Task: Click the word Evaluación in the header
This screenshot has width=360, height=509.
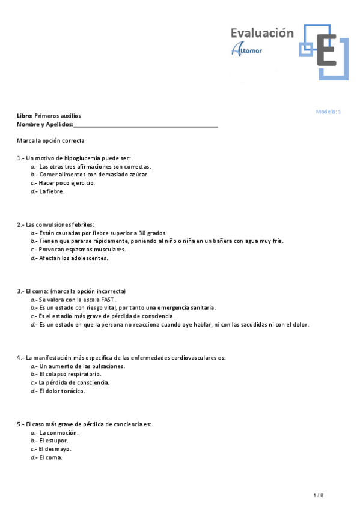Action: pos(262,33)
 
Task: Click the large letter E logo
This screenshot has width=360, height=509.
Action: pos(326,50)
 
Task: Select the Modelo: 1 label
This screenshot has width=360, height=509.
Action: pos(328,112)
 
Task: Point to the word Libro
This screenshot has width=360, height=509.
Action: pos(24,115)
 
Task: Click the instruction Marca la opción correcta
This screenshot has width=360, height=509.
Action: pos(50,140)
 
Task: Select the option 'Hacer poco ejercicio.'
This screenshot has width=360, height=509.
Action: pos(67,183)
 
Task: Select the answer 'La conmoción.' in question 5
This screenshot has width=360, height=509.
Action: pos(59,432)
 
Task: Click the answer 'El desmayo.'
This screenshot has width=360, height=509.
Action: pos(55,449)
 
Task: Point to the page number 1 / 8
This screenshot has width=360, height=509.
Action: pos(319,495)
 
